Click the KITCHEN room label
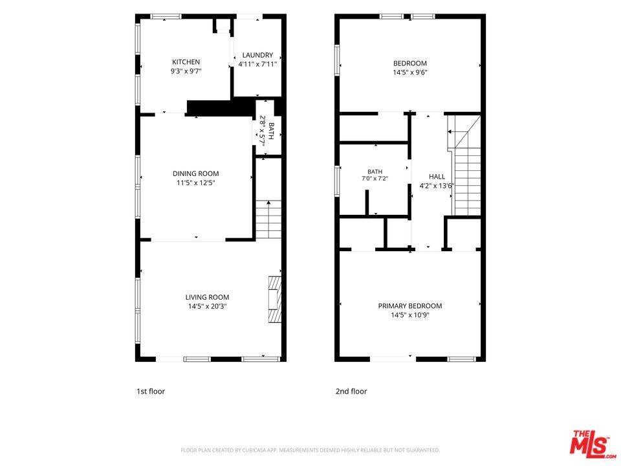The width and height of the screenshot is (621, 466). [186, 62]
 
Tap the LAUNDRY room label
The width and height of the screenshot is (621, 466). [257, 55]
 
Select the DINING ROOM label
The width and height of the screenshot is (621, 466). [195, 173]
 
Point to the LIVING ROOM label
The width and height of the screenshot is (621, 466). [207, 297]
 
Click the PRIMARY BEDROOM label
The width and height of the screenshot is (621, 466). [410, 306]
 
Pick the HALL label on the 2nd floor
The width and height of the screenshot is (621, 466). [437, 177]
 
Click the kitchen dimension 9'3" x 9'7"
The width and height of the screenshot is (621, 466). [186, 71]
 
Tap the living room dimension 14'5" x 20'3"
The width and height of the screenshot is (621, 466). [207, 306]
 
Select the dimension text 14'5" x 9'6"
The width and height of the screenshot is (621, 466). [410, 72]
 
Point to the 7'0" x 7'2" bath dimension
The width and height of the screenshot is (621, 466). [375, 179]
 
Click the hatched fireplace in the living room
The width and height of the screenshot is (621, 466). [274, 300]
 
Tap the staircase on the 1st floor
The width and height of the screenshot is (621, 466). [268, 219]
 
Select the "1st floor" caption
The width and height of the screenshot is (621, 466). [151, 392]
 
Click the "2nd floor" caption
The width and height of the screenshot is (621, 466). [351, 392]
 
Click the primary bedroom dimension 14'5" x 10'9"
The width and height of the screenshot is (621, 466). [410, 315]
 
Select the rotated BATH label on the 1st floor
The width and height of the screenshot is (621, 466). [271, 131]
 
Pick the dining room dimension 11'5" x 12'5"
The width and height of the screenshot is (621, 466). [195, 183]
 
